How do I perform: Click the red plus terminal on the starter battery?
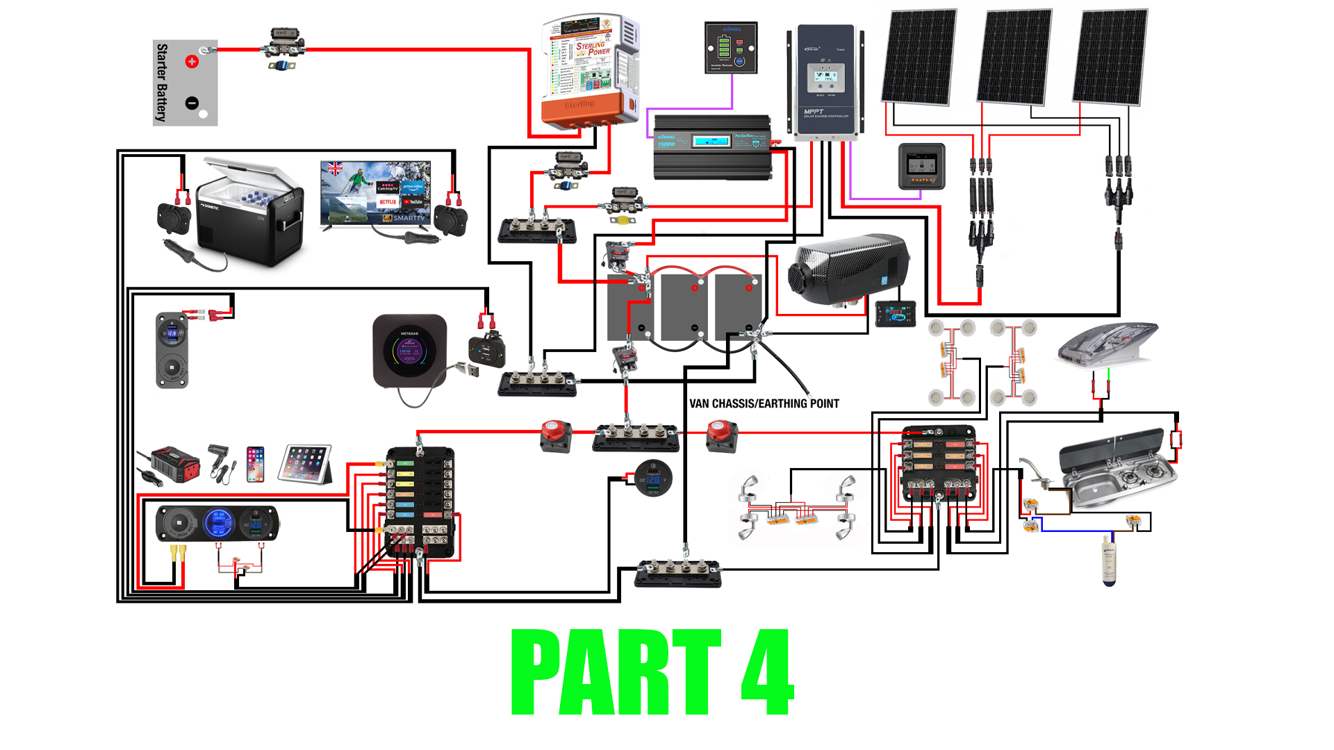click(x=192, y=62)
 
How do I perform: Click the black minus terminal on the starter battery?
click(x=192, y=103)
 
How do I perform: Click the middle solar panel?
click(x=1014, y=57)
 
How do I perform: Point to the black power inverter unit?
click(x=712, y=148)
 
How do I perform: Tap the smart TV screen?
click(x=375, y=193)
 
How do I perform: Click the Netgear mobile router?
click(x=409, y=351)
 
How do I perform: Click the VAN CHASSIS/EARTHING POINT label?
click(x=764, y=403)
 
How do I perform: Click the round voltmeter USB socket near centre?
click(x=653, y=478)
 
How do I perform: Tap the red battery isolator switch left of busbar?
click(x=556, y=436)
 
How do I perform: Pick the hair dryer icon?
click(x=220, y=462)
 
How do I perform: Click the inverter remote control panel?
click(x=731, y=47)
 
